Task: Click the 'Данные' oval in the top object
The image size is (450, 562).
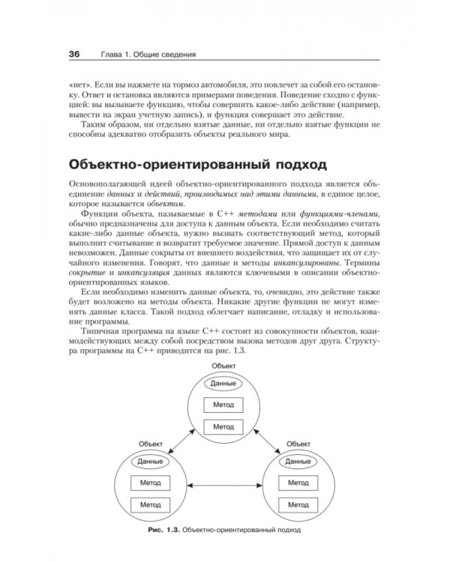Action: tap(223, 383)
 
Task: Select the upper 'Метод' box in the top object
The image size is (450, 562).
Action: tap(223, 404)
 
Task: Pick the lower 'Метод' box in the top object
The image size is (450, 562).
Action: tap(223, 426)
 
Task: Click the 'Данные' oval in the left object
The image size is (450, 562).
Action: tap(151, 462)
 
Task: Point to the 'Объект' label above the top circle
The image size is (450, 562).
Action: tap(223, 365)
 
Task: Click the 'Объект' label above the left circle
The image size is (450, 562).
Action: tap(151, 444)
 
